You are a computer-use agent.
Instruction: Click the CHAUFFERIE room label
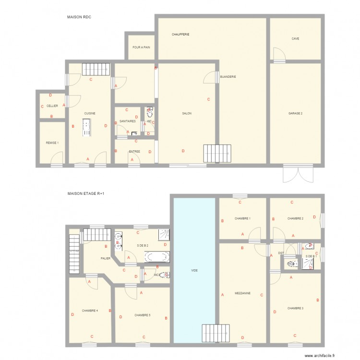click(x=180, y=35)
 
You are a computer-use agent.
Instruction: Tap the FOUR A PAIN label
click(x=141, y=47)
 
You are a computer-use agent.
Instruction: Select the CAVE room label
click(x=295, y=38)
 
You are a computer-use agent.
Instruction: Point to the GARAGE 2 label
click(x=295, y=114)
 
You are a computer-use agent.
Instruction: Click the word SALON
click(x=187, y=114)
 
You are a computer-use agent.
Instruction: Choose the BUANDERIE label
click(x=228, y=77)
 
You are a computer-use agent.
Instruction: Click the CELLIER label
click(x=52, y=106)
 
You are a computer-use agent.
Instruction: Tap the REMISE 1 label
click(x=52, y=143)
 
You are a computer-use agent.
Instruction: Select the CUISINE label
click(x=90, y=113)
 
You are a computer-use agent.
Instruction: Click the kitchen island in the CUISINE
click(x=86, y=128)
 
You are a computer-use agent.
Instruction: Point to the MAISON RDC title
click(x=79, y=17)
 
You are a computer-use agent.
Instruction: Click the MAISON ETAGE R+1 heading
click(x=86, y=193)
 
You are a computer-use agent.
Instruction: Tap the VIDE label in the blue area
click(x=194, y=270)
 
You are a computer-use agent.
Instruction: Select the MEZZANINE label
click(x=242, y=293)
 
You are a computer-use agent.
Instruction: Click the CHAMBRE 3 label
click(x=295, y=308)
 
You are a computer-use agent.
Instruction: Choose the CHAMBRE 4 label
click(x=90, y=311)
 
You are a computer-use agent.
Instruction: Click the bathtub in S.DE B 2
click(x=156, y=256)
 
